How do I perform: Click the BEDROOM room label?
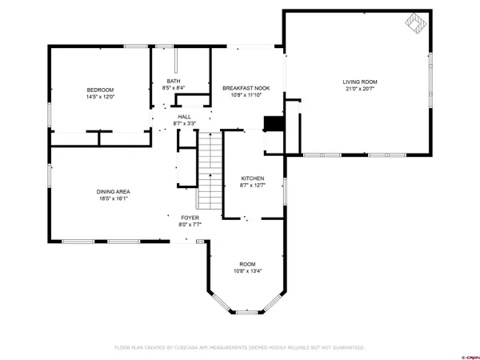[101, 89]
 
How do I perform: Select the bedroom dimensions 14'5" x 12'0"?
[101, 96]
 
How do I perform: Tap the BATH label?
[173, 81]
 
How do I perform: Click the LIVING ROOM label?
[359, 82]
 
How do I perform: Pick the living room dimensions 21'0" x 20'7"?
[359, 89]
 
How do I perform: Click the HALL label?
[184, 116]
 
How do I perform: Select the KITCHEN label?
[253, 178]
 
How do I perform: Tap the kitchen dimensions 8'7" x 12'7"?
[253, 186]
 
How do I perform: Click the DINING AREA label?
[113, 191]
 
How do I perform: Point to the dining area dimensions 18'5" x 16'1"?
[113, 198]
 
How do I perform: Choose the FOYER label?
[190, 218]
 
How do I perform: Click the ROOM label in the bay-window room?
[247, 263]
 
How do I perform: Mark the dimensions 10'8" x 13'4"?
[247, 270]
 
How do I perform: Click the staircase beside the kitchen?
[209, 169]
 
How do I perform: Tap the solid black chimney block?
[274, 124]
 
